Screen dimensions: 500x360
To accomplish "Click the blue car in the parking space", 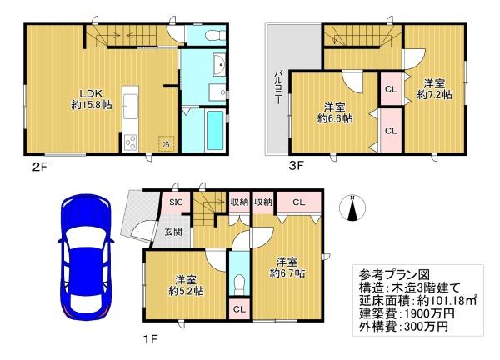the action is pos(86,257).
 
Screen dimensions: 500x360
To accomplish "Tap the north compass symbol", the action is pos(352,207).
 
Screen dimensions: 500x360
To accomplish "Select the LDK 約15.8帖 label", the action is pos(92,99).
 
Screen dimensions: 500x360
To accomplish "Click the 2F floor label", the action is pos(40,167).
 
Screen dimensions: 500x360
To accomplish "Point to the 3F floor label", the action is pos(296,166).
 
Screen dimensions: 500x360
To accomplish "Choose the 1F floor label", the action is pos(150,339).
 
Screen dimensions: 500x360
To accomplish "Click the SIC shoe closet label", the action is pos(176,202).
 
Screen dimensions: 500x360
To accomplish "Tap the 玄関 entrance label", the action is pos(174,232).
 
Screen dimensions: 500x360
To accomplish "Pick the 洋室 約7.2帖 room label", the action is pos(434,89).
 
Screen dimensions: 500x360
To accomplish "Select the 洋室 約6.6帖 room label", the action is pos(335,112).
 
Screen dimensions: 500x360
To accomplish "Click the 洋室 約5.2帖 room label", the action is pos(186,286).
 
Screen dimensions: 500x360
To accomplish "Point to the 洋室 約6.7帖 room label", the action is pos(287,267).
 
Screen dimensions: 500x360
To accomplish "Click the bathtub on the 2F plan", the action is pos(214,130).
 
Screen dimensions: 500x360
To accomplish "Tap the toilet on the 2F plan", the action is pos(215,35).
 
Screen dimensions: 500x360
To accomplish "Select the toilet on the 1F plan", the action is pos(239,284).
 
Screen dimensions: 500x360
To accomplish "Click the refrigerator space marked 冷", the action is pos(166,144).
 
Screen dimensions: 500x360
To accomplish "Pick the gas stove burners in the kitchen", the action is pos(131,143).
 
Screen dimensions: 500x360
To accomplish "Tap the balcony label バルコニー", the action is pos(278,87).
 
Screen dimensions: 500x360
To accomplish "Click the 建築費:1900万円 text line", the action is pos(407,314).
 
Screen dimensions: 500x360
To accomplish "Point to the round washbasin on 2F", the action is pos(220,65).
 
